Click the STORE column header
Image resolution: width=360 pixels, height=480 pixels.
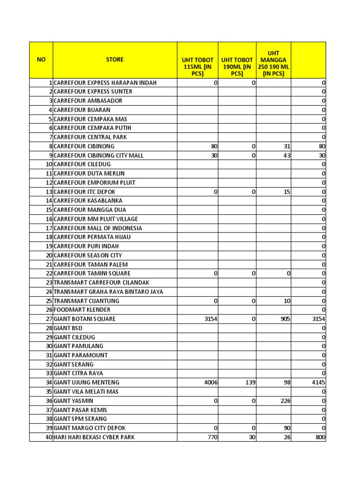pos(115,60)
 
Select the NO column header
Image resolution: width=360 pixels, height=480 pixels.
pos(41,60)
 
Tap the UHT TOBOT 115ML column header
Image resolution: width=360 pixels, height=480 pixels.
pos(198,67)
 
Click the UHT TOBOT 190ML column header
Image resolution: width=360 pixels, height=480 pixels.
pos(237,67)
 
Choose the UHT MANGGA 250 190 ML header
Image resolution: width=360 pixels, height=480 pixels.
pos(273,64)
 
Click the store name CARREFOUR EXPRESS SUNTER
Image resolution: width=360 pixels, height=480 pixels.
pos(93,91)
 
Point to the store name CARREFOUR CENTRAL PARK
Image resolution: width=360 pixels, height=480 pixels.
pos(90,137)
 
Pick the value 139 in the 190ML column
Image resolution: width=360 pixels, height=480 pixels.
pos(250,382)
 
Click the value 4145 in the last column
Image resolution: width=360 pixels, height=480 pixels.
pos(318,382)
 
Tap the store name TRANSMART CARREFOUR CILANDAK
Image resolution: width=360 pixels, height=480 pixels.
pos(102,283)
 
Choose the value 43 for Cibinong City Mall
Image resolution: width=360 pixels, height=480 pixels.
pos(286,155)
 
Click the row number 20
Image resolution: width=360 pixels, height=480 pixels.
pos(48,255)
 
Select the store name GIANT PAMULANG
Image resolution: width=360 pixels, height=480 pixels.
pos(78,346)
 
